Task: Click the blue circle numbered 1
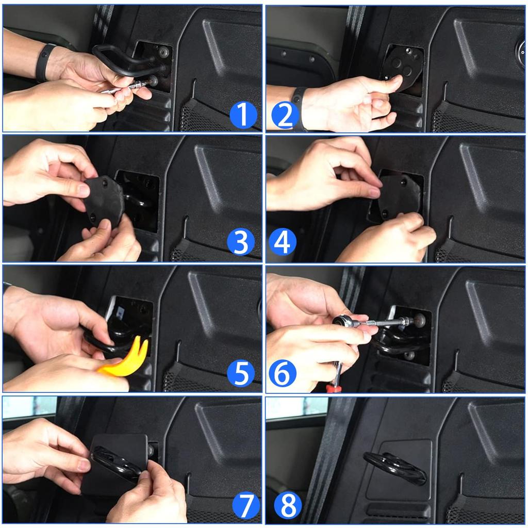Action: [243, 114]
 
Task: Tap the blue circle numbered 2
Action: [285, 114]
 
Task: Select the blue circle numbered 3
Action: [241, 242]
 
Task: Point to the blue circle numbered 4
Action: [283, 242]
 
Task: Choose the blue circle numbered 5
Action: [241, 373]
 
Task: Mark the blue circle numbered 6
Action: [283, 373]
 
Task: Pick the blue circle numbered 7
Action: [246, 505]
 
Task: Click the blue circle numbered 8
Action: [288, 505]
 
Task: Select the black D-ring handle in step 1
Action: [114, 61]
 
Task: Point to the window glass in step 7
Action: [29, 407]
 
